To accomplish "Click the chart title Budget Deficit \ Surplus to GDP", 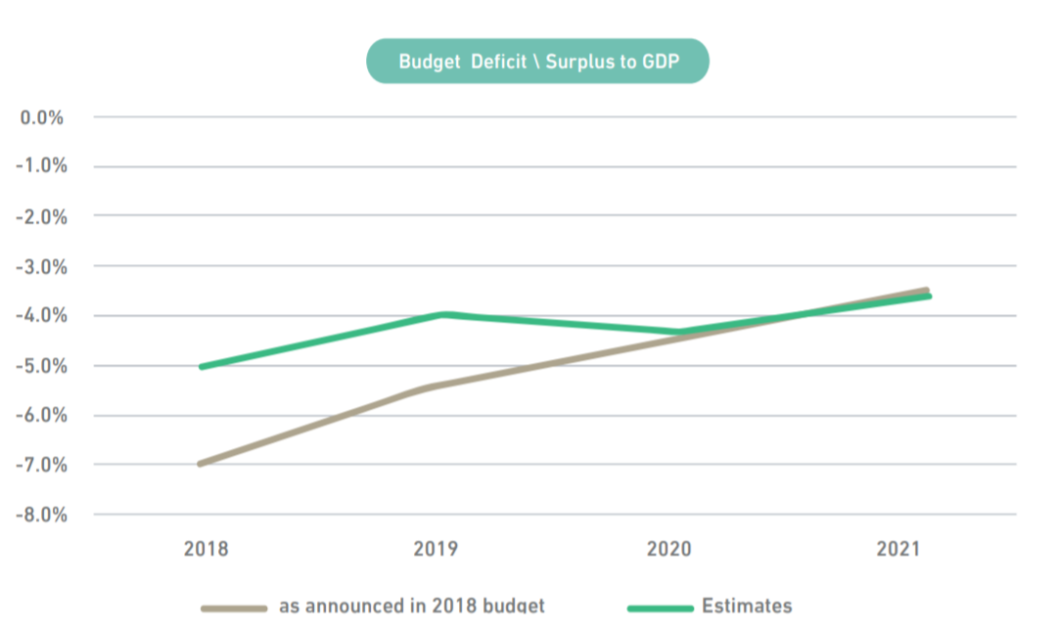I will [x=536, y=62].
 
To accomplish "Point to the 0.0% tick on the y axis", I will [x=42, y=117].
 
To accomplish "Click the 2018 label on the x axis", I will [x=206, y=549].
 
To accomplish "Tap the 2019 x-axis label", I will [x=436, y=549].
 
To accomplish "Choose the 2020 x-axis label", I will [x=668, y=549].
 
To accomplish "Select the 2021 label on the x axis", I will [x=898, y=549].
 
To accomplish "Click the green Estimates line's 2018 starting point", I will [x=201, y=367].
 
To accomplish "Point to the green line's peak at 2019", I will [x=445, y=314].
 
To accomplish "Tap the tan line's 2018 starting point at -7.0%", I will [x=201, y=464].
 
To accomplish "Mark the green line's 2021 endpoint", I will [x=928, y=296].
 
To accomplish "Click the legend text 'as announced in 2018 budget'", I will [x=411, y=607].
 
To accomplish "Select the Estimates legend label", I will [x=747, y=607].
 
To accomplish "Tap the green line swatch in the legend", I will [x=660, y=608].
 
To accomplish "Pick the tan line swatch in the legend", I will [x=234, y=608].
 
